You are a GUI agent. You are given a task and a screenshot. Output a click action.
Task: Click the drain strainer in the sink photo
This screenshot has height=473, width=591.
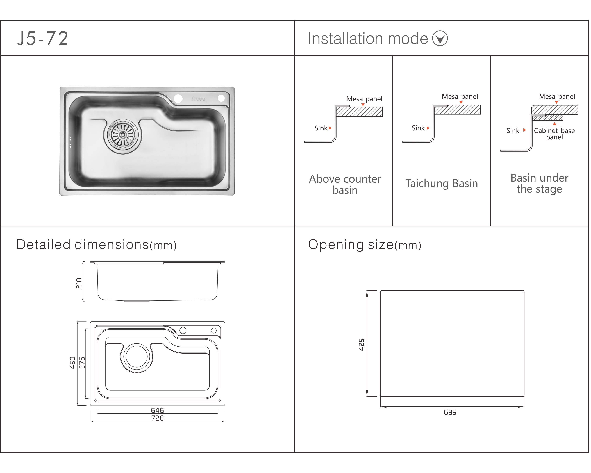click(x=123, y=135)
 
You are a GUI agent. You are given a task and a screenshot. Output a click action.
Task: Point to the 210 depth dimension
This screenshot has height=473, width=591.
click(x=79, y=283)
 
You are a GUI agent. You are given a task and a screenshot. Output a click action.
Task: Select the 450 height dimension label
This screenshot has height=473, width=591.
click(x=72, y=363)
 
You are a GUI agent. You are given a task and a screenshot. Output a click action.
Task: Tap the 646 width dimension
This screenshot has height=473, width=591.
click(x=157, y=410)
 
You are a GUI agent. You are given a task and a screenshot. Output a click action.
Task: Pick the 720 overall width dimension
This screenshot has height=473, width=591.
click(x=157, y=418)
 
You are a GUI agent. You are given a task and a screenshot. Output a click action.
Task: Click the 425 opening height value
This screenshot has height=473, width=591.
click(x=362, y=345)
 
